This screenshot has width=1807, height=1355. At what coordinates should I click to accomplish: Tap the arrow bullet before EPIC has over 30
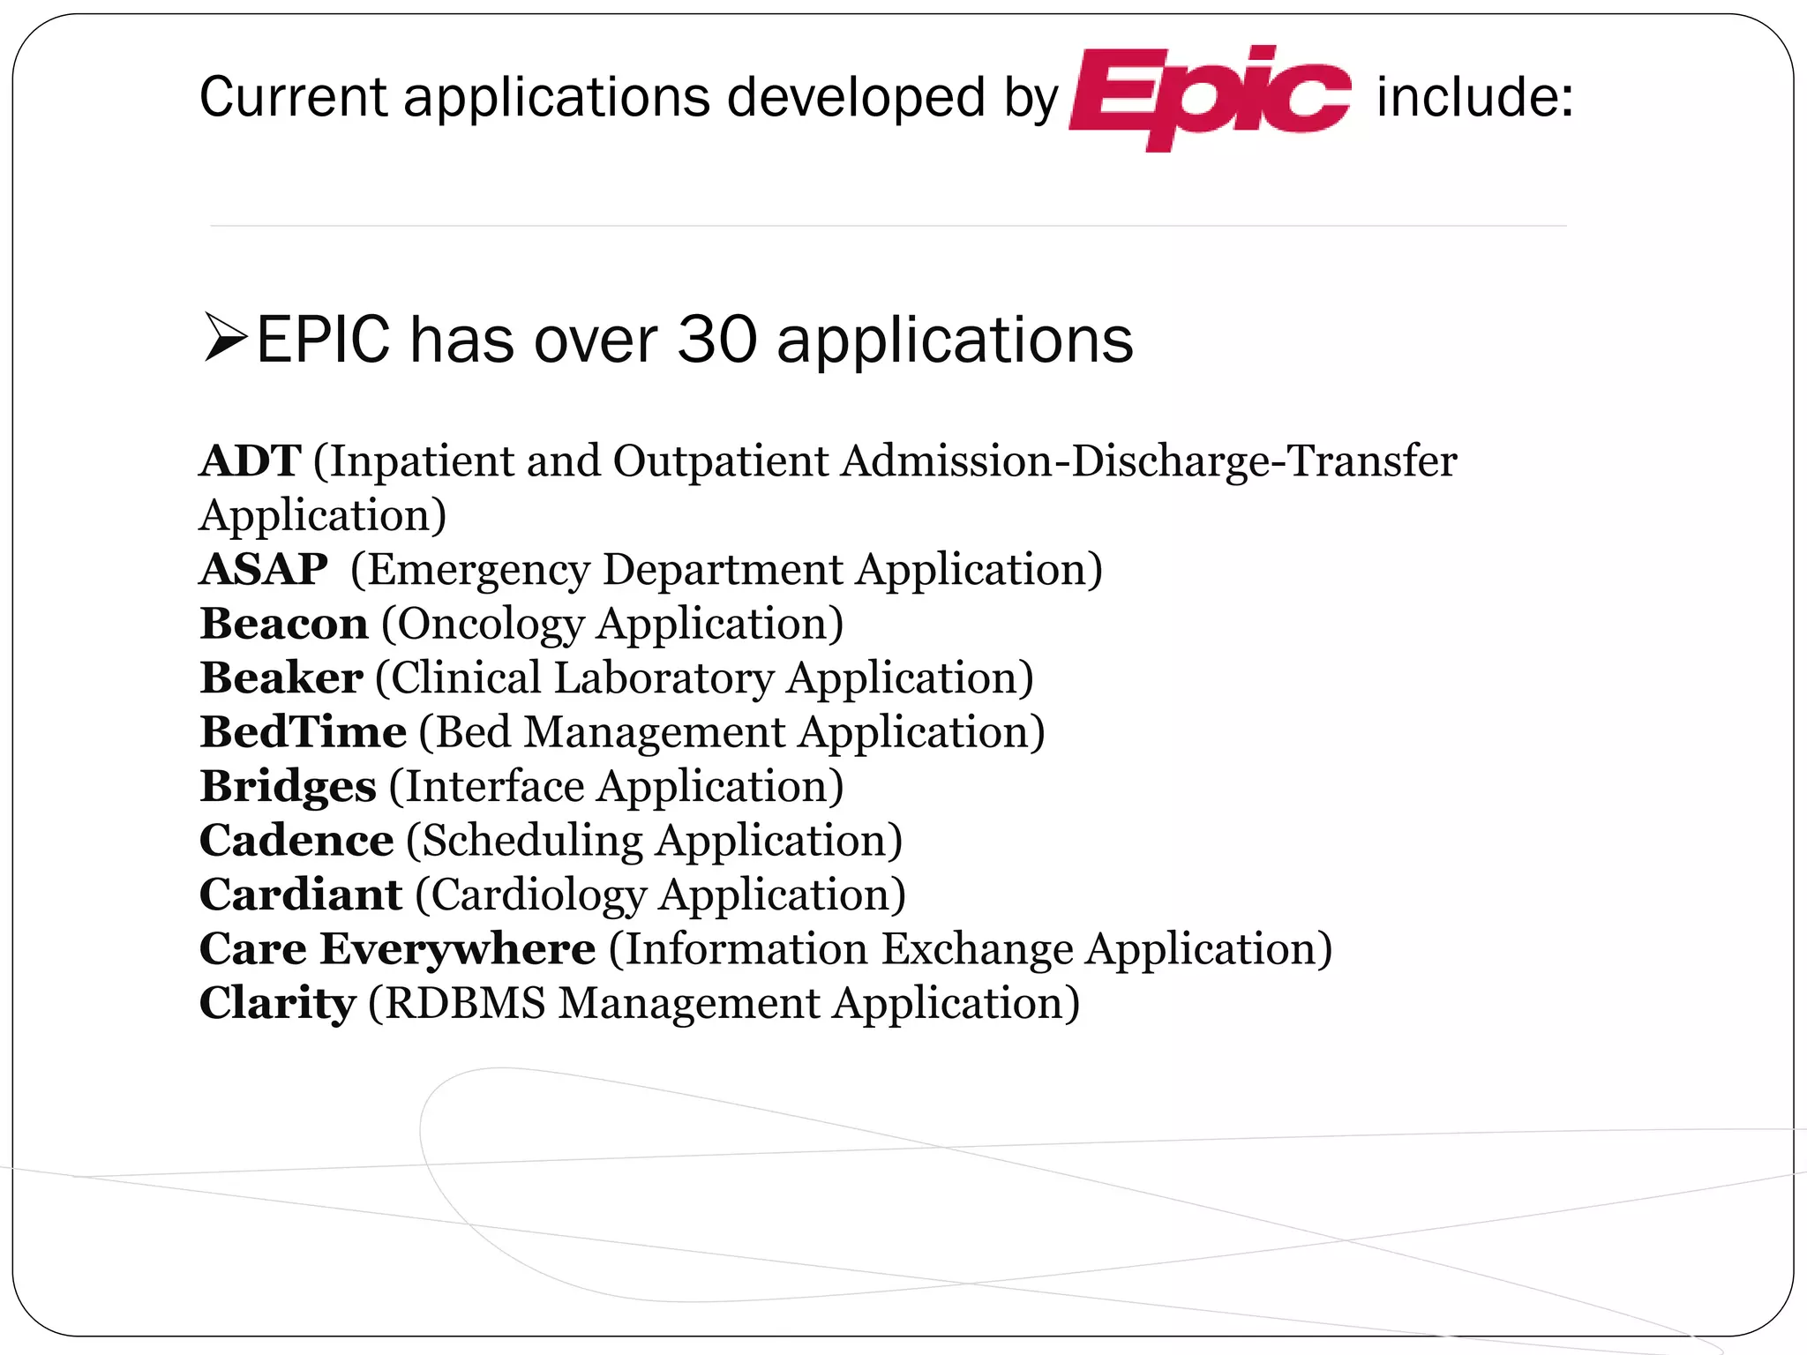point(224,338)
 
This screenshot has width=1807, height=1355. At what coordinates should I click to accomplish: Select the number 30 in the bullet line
point(716,340)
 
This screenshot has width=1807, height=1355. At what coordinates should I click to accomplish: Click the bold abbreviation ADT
point(251,461)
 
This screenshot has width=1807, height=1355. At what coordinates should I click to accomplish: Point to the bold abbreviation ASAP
point(264,570)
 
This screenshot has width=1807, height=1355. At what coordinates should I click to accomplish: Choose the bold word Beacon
point(284,624)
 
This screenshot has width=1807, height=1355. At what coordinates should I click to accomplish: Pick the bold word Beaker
point(281,678)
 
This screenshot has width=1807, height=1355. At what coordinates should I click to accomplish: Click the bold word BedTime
point(304,732)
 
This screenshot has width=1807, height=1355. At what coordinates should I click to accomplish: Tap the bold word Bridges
point(289,787)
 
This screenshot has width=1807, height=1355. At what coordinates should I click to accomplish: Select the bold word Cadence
point(296,841)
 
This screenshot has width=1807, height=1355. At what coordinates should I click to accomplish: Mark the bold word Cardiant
point(301,895)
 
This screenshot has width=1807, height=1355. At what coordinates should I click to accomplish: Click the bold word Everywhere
point(458,949)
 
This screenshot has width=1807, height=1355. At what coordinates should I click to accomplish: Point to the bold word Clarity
point(277,1004)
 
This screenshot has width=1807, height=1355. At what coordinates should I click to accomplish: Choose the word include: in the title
point(1474,97)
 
